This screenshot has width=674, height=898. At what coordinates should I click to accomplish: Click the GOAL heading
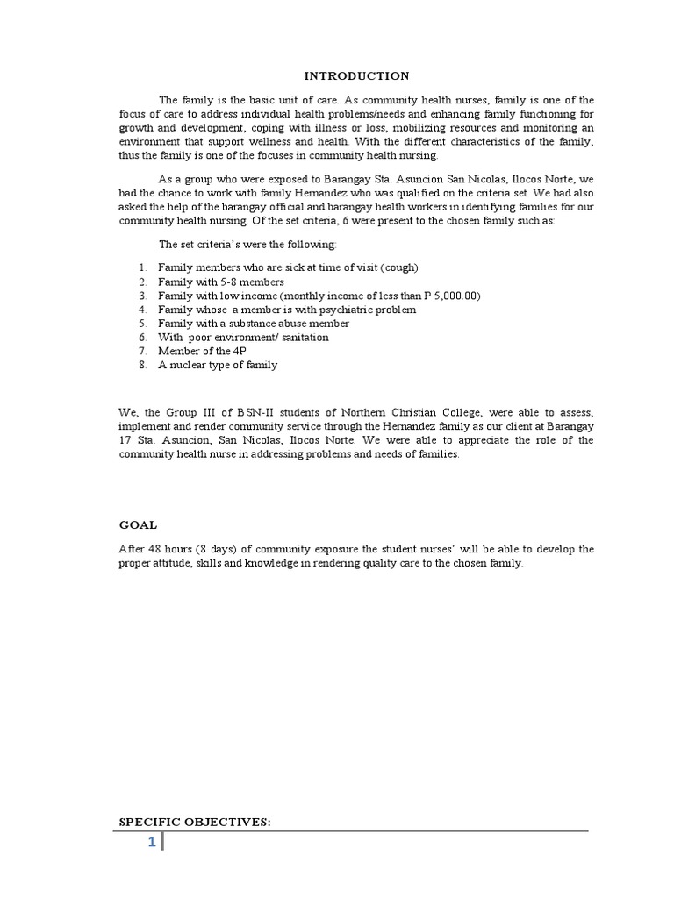(x=138, y=524)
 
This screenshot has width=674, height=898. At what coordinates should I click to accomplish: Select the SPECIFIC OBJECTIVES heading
(x=195, y=821)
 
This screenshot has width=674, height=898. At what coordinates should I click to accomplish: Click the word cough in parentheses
(x=400, y=267)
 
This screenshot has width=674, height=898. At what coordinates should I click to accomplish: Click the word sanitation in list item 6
(x=301, y=338)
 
